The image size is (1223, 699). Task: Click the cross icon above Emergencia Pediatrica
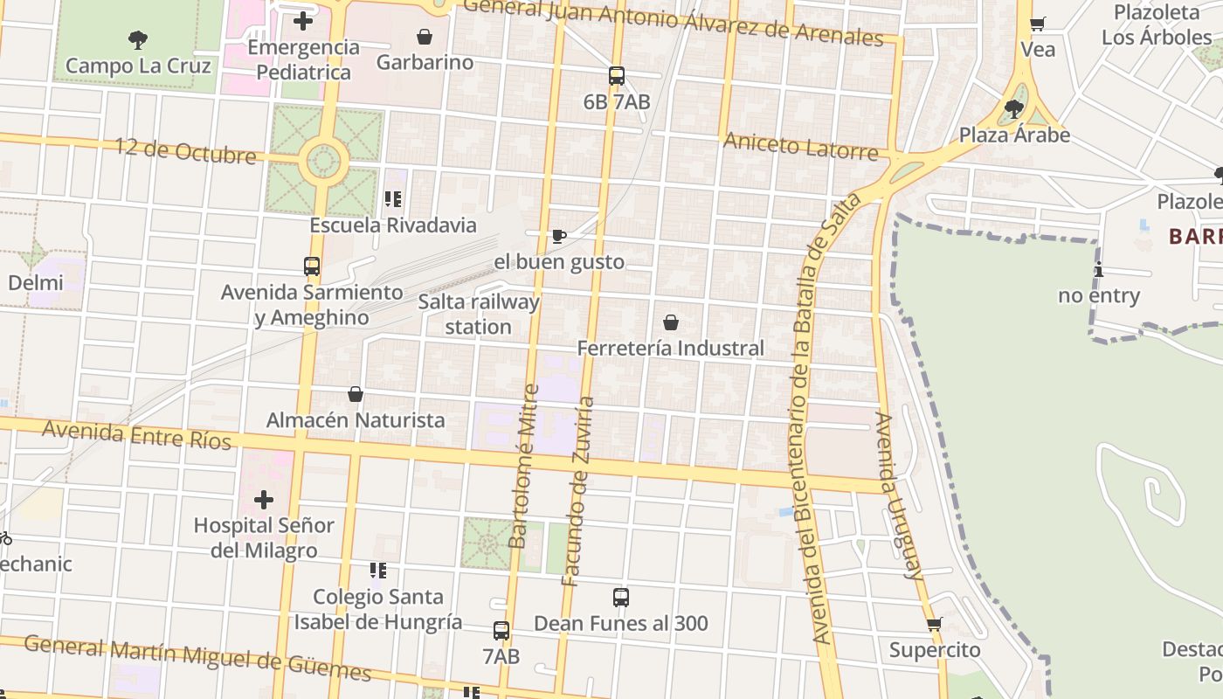303,21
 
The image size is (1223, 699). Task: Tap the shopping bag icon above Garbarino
425,37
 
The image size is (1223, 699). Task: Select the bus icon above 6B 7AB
617,76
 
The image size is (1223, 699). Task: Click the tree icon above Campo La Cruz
137,39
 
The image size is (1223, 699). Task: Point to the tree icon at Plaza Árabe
1014,109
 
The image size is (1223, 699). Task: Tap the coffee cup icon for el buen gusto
559,236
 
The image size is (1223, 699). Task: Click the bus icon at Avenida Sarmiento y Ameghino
312,266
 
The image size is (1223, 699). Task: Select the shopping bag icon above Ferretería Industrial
671,322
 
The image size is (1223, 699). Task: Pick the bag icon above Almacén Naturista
356,394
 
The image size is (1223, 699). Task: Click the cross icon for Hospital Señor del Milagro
264,500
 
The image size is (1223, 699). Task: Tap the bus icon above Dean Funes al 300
621,598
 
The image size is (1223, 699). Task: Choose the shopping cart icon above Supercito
935,624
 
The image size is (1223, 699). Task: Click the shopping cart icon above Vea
1038,24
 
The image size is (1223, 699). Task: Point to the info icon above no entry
1099,270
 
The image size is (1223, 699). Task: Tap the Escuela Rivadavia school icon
393,200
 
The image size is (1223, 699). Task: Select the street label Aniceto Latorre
800,146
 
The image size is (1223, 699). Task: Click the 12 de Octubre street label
185,151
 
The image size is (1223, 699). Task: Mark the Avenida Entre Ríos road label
137,434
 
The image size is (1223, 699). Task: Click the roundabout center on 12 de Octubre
324,161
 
